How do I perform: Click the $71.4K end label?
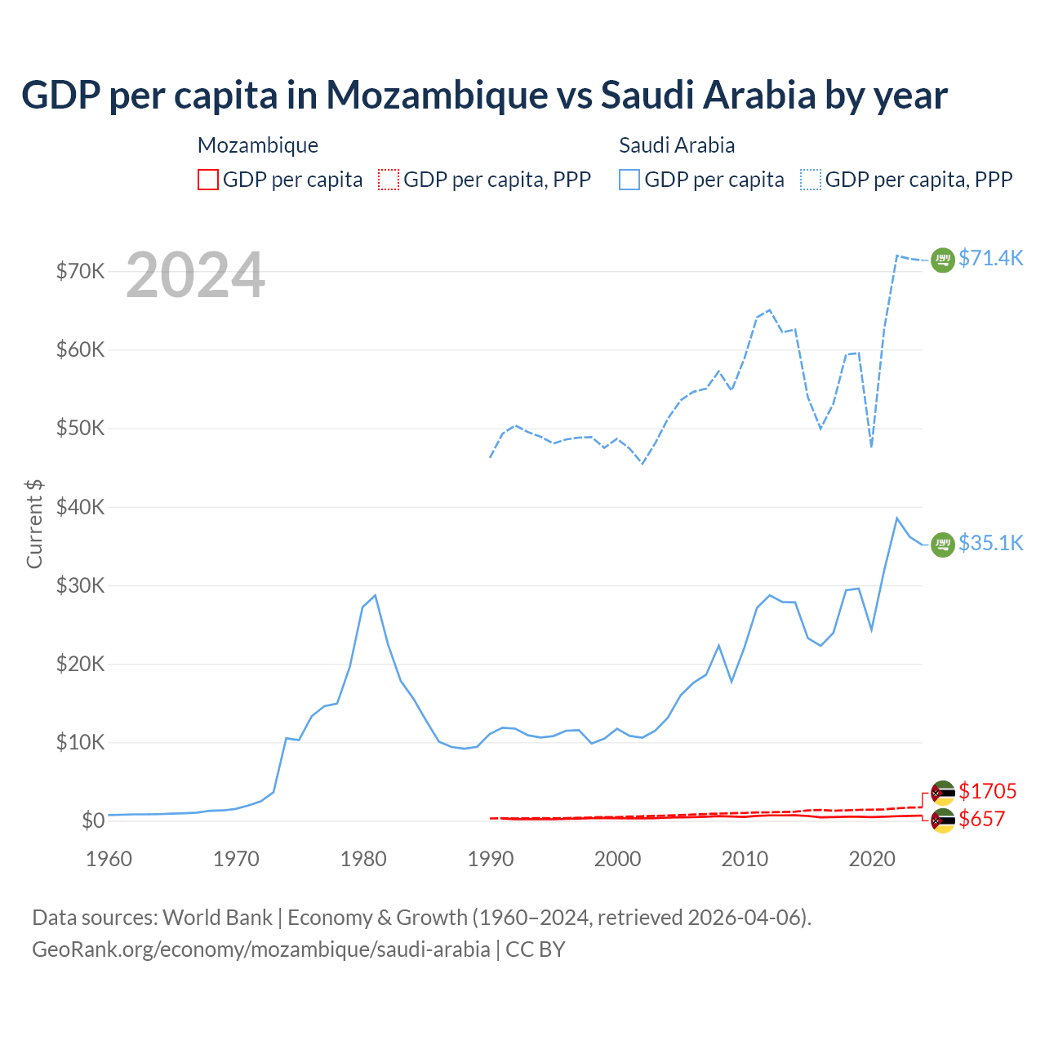(x=990, y=258)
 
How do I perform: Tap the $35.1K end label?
(x=990, y=543)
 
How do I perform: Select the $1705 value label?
(x=987, y=791)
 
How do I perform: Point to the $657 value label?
(x=981, y=819)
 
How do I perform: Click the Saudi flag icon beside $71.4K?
(x=943, y=260)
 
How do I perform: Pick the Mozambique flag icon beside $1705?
(x=943, y=793)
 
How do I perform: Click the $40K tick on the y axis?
(x=80, y=507)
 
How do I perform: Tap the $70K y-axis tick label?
(x=80, y=271)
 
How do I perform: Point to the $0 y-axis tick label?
(x=93, y=820)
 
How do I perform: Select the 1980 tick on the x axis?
(x=363, y=859)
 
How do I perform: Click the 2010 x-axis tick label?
(x=745, y=859)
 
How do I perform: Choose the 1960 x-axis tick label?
(x=109, y=859)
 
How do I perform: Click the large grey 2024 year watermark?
(x=195, y=275)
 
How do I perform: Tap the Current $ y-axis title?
(x=34, y=523)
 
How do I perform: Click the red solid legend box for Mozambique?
(x=208, y=180)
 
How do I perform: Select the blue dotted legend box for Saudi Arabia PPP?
(x=811, y=180)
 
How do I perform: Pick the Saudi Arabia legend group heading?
(x=677, y=145)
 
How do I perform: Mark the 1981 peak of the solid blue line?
(x=375, y=595)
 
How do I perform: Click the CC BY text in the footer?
(x=535, y=949)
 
